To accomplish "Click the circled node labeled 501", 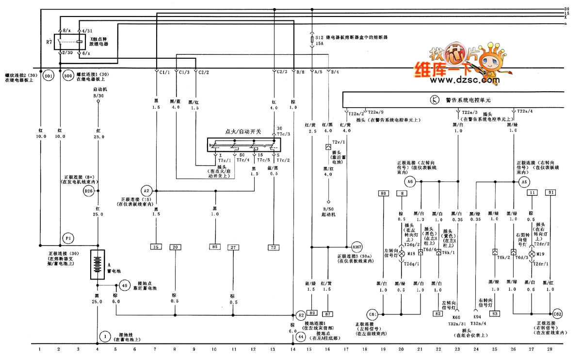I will coord(48,76).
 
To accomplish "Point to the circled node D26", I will coord(89,191).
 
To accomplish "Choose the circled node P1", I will coord(68,239).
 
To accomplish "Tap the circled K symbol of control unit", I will coord(435,100).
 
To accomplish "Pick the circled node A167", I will coord(357,246).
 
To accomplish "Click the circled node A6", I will coord(410,182).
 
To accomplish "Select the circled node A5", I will coord(524,182).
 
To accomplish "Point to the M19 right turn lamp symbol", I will coord(532,254).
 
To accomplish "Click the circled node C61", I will coord(373,313).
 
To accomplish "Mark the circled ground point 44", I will coord(301,336).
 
